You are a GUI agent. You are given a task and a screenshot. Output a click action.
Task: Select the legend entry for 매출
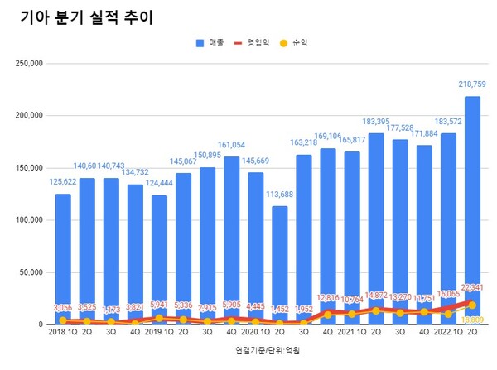212,42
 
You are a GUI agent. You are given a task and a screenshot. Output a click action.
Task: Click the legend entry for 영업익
257,42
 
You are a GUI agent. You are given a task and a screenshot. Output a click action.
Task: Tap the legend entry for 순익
302,42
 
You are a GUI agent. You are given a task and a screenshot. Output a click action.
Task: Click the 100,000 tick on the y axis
31,220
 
